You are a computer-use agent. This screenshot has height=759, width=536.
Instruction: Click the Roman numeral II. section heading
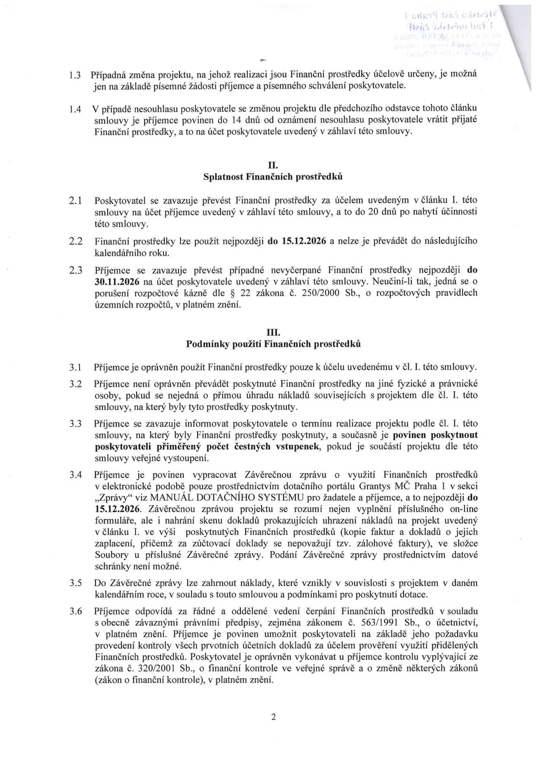[x=273, y=165]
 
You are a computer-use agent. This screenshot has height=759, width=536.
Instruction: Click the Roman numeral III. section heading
[x=273, y=333]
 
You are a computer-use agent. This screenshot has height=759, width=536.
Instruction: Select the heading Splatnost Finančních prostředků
[x=273, y=177]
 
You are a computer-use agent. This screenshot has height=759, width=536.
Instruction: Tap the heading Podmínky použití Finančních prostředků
[x=273, y=344]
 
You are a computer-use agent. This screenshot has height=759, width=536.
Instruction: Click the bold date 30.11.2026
[x=115, y=282]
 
